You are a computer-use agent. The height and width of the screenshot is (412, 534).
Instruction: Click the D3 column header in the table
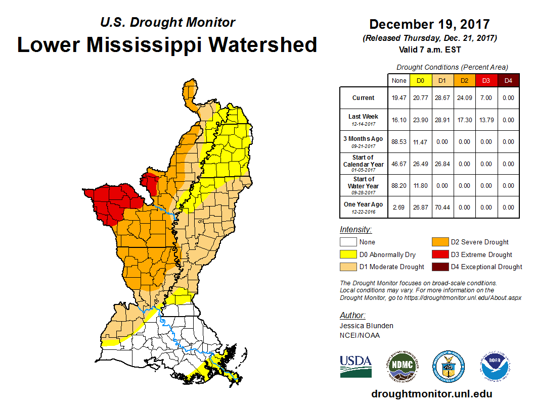point(486,80)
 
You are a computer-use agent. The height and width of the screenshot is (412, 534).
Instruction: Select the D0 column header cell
point(420,80)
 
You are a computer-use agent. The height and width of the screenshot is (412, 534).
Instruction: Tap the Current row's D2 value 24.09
point(464,98)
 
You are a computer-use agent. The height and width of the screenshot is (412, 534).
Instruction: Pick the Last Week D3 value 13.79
point(486,120)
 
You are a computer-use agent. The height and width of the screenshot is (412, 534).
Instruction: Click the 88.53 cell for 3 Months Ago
point(398,142)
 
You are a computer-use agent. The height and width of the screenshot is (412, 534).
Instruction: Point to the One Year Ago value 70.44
point(442,207)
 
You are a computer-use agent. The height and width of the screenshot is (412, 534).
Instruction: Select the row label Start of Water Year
point(364,185)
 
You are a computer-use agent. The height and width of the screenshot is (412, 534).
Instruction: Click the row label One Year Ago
point(364,205)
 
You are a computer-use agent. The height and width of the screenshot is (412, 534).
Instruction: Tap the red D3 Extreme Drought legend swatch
point(438,254)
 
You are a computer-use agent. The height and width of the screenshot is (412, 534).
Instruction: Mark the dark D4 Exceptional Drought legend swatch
point(438,267)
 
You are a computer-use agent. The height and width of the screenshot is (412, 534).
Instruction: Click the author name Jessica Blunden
point(366,326)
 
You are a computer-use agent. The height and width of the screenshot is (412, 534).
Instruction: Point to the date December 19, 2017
point(429,24)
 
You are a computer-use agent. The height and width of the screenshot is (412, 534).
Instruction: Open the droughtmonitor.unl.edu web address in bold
point(431,394)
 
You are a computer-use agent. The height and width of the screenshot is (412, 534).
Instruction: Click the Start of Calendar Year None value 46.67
point(398,164)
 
